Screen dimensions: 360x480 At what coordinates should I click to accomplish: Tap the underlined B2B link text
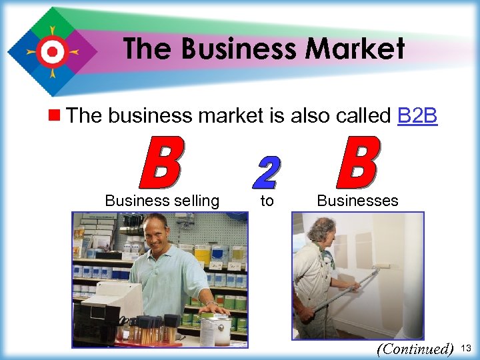tap(417, 115)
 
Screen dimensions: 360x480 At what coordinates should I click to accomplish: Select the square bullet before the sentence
tap(57, 115)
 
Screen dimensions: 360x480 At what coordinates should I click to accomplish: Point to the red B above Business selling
tap(161, 163)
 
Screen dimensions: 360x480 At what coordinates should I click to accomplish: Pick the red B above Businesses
tap(358, 163)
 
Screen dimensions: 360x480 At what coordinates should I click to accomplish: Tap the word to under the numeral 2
tap(267, 201)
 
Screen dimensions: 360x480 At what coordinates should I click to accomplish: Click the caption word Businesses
tap(357, 201)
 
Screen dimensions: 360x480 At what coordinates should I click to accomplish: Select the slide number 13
tap(466, 348)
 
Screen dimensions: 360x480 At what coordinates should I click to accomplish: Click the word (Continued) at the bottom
tap(414, 349)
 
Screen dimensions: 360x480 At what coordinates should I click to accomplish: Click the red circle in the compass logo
tap(51, 51)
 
